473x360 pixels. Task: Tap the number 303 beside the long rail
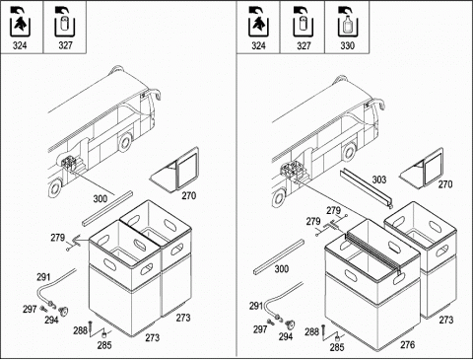point(379,180)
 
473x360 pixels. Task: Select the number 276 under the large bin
point(408,344)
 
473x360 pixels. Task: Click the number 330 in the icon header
point(348,45)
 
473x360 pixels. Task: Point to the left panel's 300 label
point(101,198)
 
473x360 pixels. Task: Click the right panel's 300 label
point(282,269)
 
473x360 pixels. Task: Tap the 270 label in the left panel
point(189,195)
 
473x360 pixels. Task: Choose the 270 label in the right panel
point(445,184)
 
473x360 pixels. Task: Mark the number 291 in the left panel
point(43,277)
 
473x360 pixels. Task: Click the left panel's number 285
point(104,345)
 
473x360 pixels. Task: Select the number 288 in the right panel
point(311,331)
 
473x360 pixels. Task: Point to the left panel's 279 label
point(58,238)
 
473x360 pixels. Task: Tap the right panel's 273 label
point(446,320)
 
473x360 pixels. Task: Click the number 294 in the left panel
point(51,320)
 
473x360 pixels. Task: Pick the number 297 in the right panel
point(260,329)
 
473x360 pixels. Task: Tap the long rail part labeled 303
point(367,188)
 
